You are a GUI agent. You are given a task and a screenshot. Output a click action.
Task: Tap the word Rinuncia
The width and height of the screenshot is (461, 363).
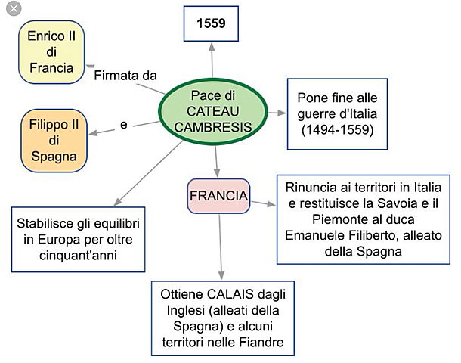point(311,186)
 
